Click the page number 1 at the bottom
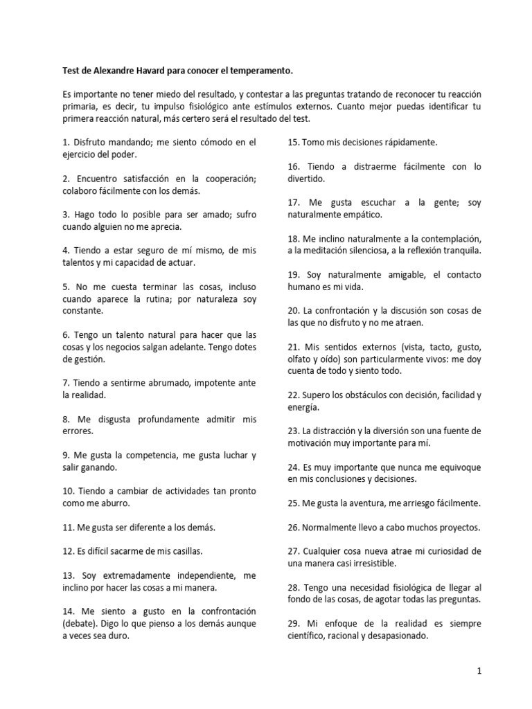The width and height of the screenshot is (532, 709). (x=479, y=671)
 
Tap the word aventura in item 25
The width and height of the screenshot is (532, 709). (x=361, y=503)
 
